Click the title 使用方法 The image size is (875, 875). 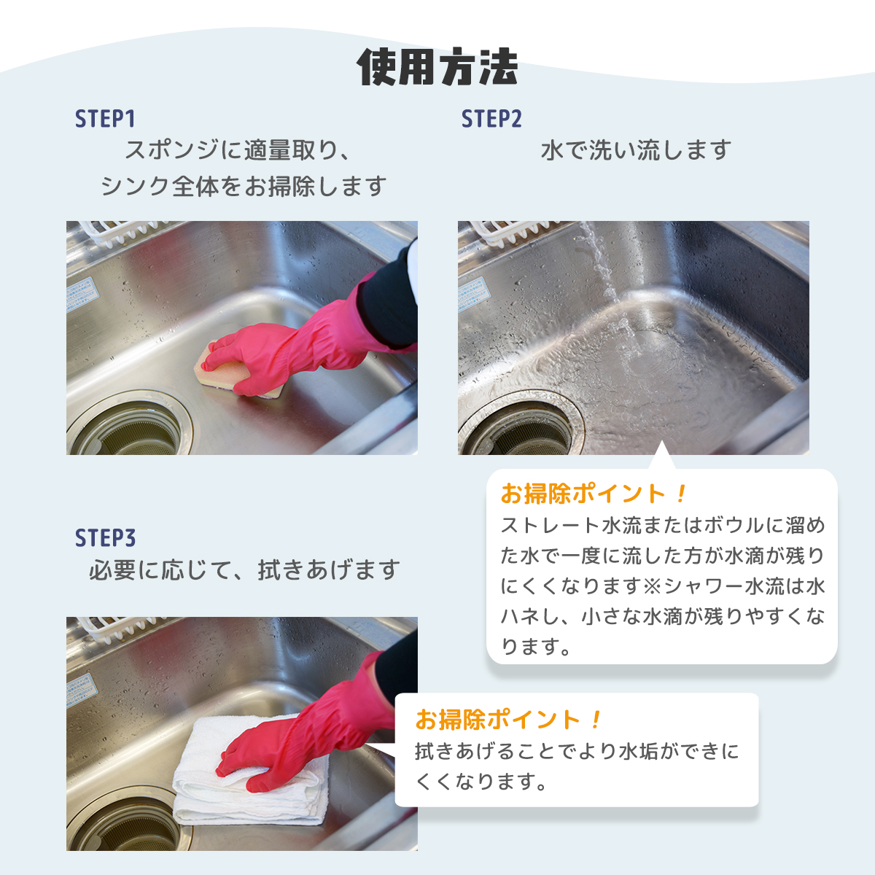(x=437, y=68)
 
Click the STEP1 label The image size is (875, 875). (x=105, y=119)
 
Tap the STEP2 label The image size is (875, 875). (x=491, y=119)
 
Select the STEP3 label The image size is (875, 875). (x=105, y=538)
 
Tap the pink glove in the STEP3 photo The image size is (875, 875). (x=306, y=736)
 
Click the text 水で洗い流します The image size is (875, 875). (x=636, y=150)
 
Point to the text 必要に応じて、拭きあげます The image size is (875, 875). (x=244, y=569)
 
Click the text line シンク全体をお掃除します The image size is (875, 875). (x=243, y=186)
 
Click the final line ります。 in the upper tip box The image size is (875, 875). (x=536, y=647)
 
